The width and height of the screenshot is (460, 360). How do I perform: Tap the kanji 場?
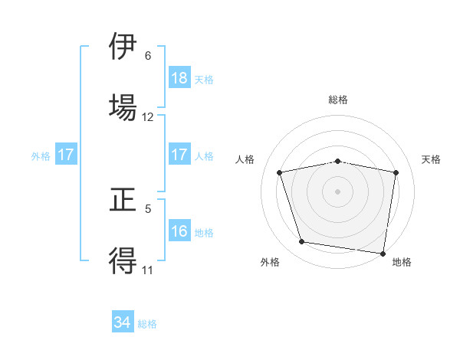click(123, 106)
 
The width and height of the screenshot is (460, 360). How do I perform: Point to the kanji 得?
click(123, 260)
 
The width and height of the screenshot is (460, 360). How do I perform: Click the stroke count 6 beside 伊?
click(148, 55)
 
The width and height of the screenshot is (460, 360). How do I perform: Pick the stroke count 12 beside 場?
click(148, 117)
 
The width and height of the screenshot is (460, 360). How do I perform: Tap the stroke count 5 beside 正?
click(148, 208)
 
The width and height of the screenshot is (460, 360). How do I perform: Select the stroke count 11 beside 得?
click(148, 270)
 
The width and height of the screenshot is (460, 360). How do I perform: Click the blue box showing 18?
click(179, 77)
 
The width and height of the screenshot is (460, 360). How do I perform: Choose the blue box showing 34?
click(123, 322)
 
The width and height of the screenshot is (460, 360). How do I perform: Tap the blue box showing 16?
click(179, 231)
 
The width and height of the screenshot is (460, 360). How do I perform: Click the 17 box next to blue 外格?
click(66, 155)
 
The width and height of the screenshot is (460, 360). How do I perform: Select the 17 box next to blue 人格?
click(179, 155)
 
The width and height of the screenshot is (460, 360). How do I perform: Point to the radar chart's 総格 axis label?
click(338, 100)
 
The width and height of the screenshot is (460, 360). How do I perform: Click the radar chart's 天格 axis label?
click(431, 159)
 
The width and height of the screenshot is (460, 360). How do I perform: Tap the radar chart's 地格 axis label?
click(402, 262)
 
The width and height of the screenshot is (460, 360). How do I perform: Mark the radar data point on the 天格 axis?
click(396, 172)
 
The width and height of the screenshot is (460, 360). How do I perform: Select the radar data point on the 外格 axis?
click(302, 242)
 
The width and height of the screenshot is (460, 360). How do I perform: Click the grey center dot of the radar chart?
click(338, 191)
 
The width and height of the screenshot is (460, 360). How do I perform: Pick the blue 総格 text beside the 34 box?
click(147, 324)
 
